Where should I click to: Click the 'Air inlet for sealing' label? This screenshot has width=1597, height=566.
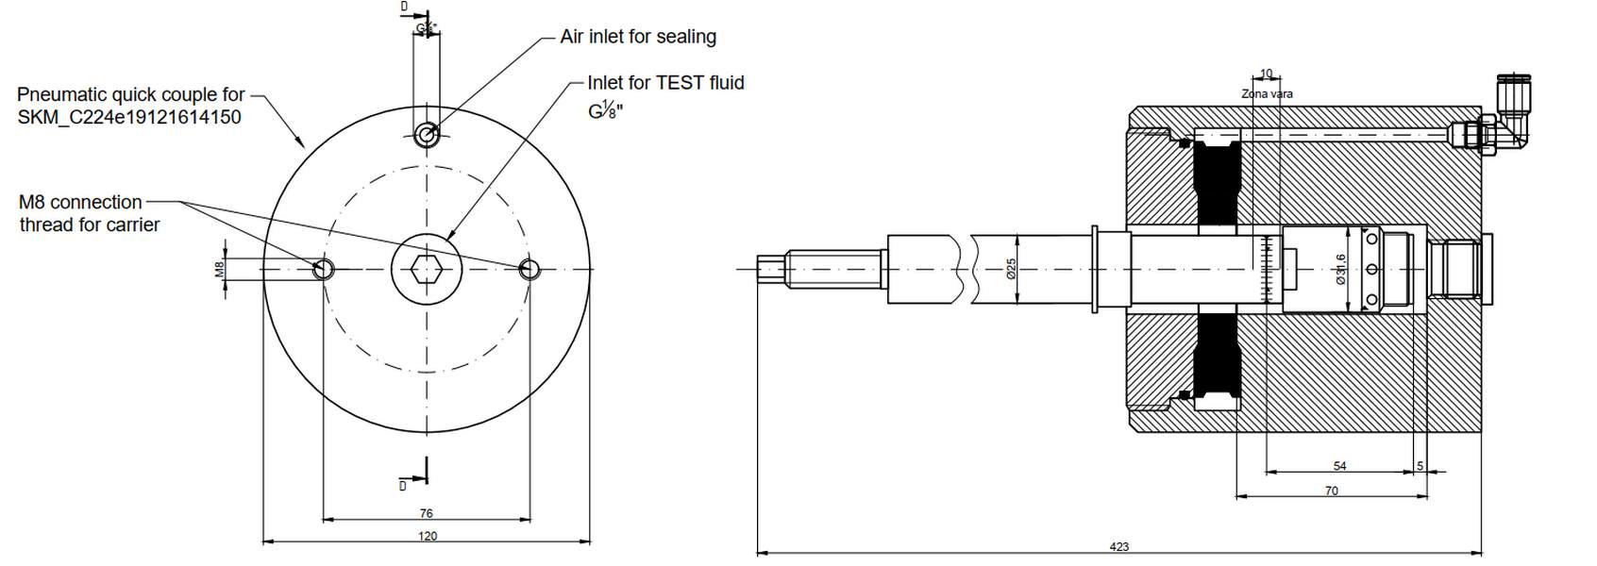pos(638,37)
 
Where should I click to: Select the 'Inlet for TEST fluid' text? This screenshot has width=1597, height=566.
pos(665,83)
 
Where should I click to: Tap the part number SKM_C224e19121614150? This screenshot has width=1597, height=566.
pos(129,117)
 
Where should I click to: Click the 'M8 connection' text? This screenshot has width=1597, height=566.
pos(80,202)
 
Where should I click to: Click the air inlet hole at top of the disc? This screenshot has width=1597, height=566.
pos(427,135)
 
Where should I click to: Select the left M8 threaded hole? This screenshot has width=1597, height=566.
pos(324,270)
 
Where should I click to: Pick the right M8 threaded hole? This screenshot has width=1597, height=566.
pos(530,270)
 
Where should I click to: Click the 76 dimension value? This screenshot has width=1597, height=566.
pos(426,513)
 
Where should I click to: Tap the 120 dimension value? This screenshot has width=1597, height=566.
pos(427,536)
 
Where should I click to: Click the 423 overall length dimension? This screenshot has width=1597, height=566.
pos(1118,546)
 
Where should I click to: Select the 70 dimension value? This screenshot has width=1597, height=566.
pos(1331,491)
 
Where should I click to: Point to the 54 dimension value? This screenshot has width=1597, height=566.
pos(1339,466)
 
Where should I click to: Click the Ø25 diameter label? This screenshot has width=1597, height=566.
pos(1010,270)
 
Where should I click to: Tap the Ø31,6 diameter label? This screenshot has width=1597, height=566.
pos(1340,270)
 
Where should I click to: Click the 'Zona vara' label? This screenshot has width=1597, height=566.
pos(1267,93)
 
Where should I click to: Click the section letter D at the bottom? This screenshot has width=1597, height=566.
pos(403,485)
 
